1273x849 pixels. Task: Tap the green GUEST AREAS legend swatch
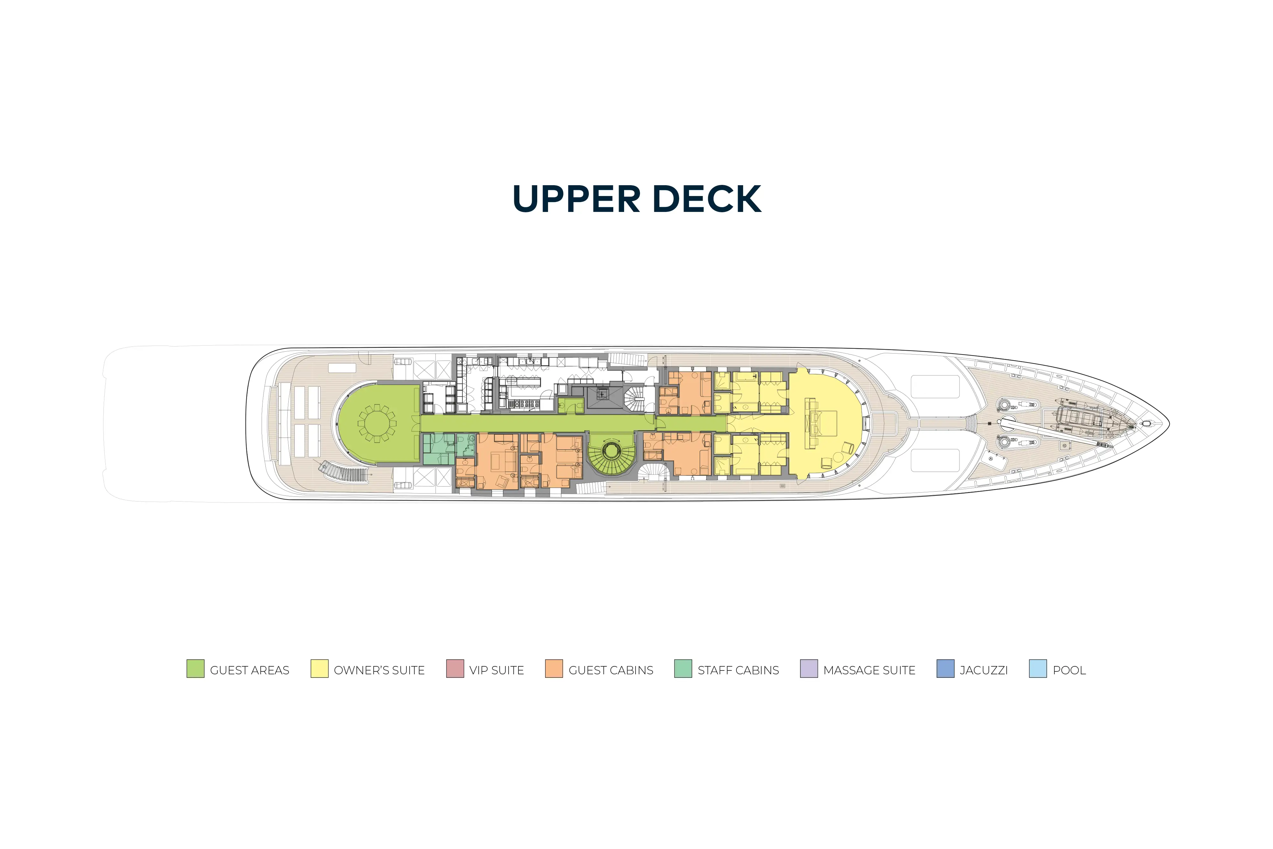(x=195, y=669)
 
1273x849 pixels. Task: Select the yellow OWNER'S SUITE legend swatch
(x=320, y=669)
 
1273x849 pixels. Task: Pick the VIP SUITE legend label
(x=496, y=670)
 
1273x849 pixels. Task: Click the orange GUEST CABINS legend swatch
(x=554, y=669)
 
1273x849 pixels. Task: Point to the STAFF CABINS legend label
(x=738, y=670)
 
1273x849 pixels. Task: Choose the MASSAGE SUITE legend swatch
(x=809, y=669)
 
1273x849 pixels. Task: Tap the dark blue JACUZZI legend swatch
(x=946, y=669)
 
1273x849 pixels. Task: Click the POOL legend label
(x=1069, y=670)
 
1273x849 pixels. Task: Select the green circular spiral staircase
(x=611, y=453)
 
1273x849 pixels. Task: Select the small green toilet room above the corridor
(x=571, y=405)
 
